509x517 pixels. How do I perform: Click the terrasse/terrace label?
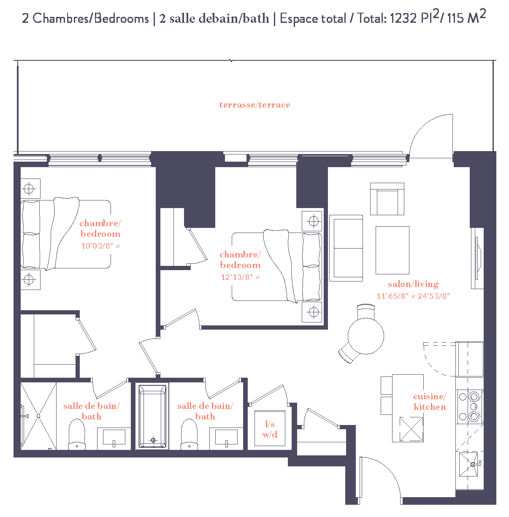pyautogui.click(x=254, y=105)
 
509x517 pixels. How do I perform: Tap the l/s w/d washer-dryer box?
pyautogui.click(x=270, y=429)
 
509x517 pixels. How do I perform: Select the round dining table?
pyautogui.click(x=366, y=336)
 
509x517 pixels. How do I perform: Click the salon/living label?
pyautogui.click(x=413, y=284)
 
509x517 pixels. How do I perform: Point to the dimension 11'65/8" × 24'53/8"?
pyautogui.click(x=413, y=296)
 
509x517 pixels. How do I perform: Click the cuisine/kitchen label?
pyautogui.click(x=430, y=401)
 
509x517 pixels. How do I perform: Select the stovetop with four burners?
pyautogui.click(x=469, y=407)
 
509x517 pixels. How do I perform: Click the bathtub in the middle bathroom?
pyautogui.click(x=152, y=416)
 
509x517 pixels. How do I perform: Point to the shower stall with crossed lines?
pyautogui.click(x=38, y=416)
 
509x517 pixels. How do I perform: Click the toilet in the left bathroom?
pyautogui.click(x=77, y=435)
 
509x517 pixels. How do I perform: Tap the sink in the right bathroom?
pyautogui.click(x=226, y=438)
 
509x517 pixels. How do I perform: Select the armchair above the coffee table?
pyautogui.click(x=387, y=199)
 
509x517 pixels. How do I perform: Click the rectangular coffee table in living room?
pyautogui.click(x=392, y=250)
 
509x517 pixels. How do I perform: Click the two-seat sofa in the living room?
pyautogui.click(x=346, y=248)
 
